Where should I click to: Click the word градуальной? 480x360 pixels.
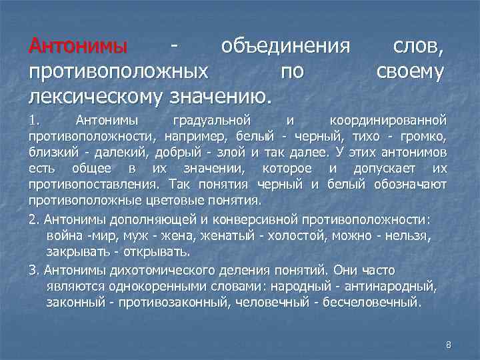(x=211, y=121)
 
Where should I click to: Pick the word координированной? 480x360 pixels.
(x=389, y=121)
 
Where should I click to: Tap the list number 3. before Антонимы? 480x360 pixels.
(x=34, y=271)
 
